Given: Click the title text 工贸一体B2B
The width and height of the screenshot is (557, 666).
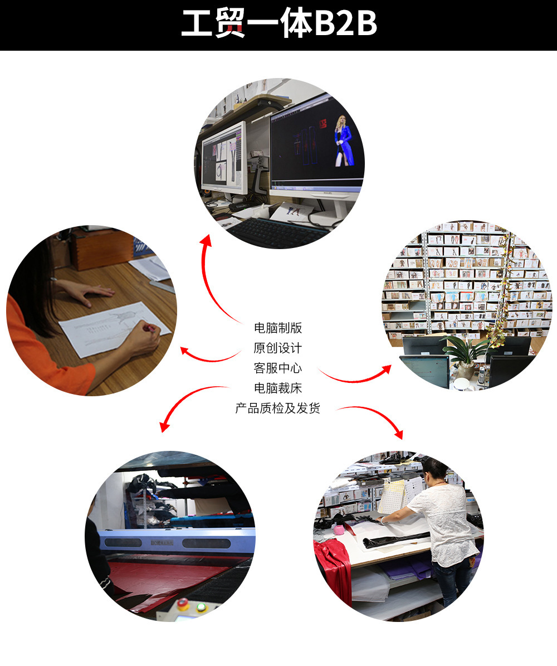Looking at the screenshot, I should point(278,25).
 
